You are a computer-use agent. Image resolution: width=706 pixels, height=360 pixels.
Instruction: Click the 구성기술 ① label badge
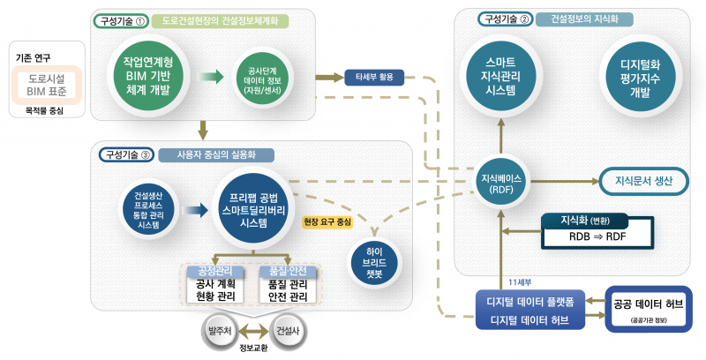(121, 19)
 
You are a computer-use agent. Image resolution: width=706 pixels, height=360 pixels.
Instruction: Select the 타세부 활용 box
(374, 77)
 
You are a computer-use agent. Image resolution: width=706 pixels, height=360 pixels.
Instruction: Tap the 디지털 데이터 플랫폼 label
(531, 301)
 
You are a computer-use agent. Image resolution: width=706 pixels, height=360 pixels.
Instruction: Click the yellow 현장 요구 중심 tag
(327, 221)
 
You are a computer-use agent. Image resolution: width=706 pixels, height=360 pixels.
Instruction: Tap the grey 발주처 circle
(218, 333)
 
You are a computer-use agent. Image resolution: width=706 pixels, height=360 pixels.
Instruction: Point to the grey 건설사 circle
(287, 333)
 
